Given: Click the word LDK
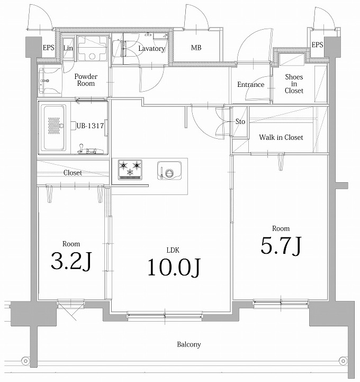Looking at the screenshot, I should (x=173, y=250).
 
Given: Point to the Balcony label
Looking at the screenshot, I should (x=189, y=344).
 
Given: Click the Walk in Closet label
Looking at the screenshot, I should (x=281, y=137).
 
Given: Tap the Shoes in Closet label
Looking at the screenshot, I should (x=294, y=84).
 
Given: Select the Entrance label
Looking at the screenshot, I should (x=250, y=85).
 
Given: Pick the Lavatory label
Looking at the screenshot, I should (x=151, y=49).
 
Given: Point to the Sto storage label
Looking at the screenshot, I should (x=240, y=121).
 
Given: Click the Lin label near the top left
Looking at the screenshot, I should (x=68, y=48).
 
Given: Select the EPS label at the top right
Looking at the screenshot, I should (x=317, y=45).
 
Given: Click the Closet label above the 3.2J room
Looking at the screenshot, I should (x=73, y=173).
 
